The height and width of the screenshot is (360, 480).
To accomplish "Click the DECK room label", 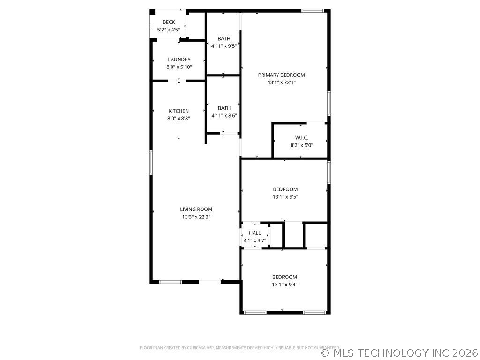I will click(169, 22).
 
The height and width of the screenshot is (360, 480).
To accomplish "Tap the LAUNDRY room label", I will click(179, 60).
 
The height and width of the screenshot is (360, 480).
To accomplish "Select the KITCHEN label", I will click(179, 111).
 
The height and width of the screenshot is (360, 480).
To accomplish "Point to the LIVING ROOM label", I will click(196, 210).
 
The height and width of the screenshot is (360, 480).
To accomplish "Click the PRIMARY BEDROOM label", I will click(281, 75).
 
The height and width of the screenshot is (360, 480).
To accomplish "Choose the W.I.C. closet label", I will click(301, 137).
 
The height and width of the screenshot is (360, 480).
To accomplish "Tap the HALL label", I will click(255, 233).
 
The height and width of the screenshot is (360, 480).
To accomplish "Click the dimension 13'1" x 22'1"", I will click(281, 82).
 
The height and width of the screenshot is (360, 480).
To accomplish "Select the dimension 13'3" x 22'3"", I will click(196, 217).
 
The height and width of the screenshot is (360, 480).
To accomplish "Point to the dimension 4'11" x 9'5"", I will click(224, 46).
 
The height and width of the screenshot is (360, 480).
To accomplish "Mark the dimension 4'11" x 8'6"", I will click(224, 115).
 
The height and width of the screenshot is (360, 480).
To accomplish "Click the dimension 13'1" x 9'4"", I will click(285, 285).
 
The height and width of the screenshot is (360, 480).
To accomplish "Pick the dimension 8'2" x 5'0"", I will click(301, 145).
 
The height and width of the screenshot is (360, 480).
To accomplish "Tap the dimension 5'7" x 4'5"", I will click(169, 30).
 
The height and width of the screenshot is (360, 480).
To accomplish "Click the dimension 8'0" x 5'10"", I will click(179, 67).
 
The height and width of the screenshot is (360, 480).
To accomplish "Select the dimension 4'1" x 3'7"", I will click(255, 240).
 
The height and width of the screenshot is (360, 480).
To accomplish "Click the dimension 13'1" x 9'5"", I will click(285, 197).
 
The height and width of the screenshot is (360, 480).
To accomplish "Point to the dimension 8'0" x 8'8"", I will click(179, 119).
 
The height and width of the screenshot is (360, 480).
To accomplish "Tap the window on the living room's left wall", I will click(151, 163).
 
